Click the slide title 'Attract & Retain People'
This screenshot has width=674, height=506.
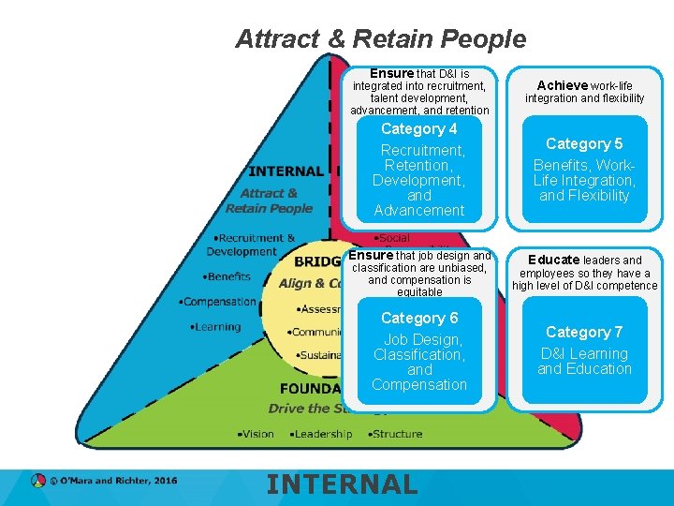click(380, 39)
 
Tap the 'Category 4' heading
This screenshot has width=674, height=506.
click(418, 129)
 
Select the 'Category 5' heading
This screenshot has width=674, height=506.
click(584, 143)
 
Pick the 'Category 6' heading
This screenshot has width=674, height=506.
click(419, 319)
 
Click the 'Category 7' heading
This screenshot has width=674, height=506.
click(584, 332)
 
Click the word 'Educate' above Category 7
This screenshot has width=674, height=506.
click(553, 260)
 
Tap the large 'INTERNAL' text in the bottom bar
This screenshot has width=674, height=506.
click(342, 484)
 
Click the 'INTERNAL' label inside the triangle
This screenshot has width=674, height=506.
click(286, 171)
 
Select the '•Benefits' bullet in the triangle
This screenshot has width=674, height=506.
click(227, 276)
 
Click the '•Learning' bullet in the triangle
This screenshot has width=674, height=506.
click(214, 327)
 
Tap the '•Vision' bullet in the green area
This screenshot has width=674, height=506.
click(255, 434)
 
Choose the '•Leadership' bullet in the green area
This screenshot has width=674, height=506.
click(320, 434)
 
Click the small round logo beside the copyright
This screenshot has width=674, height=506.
click(38, 481)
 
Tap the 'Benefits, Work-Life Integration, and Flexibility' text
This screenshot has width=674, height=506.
click(584, 180)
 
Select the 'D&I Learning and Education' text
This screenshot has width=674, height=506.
click(584, 361)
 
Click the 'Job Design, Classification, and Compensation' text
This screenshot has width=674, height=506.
click(419, 362)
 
